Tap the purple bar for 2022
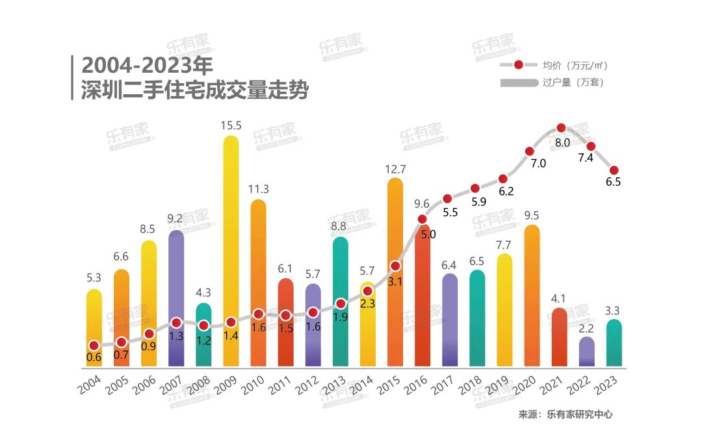pos(586,352)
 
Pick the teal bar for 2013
pos(340,273)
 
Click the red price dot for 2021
pos(562,128)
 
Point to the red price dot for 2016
pos(422,220)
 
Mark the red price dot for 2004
pos(94,346)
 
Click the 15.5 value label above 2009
pos(231,126)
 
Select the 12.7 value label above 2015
pos(395,169)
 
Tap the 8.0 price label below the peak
pos(562,143)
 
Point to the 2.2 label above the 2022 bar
pos(586,328)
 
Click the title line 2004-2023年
pos(147,65)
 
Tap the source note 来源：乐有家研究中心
pos(565,414)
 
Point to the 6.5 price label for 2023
pos(613,182)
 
